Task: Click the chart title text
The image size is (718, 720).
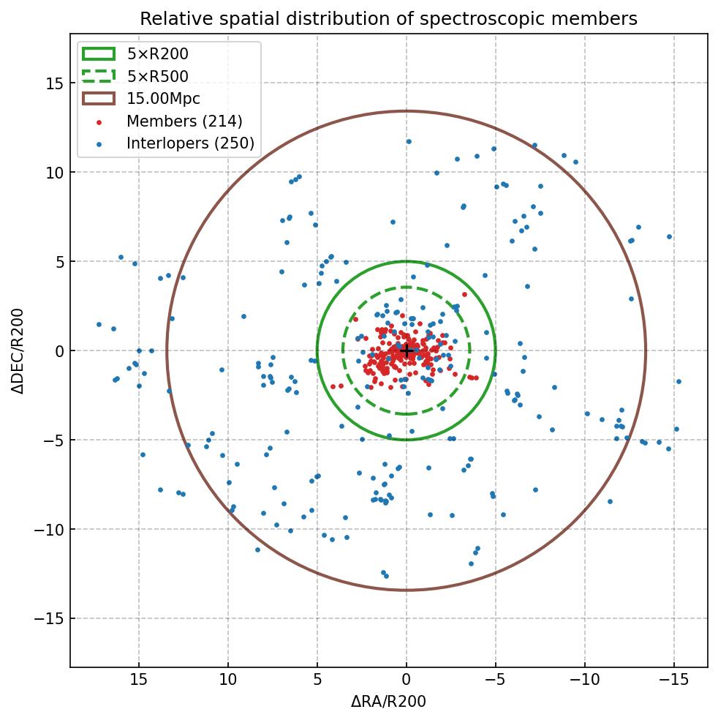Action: (x=388, y=18)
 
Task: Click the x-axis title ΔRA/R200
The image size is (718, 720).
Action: (x=388, y=702)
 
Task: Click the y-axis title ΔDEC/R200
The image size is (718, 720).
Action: (x=18, y=350)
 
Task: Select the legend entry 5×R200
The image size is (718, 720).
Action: (x=157, y=53)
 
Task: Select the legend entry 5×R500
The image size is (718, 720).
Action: (x=157, y=76)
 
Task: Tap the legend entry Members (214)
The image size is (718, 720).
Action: (x=184, y=121)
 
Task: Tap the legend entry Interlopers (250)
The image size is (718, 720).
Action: (x=190, y=143)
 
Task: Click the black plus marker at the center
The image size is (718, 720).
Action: (x=407, y=350)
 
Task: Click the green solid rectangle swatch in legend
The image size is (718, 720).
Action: (x=99, y=53)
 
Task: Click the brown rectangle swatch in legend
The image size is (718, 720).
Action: (x=99, y=98)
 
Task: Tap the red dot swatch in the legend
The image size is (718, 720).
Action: (x=99, y=121)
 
